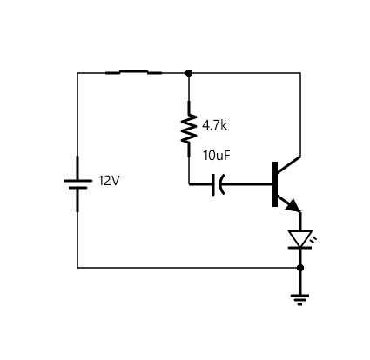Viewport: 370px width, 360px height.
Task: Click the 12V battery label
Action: [x=109, y=181]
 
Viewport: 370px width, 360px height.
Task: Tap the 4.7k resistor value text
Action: [x=214, y=125]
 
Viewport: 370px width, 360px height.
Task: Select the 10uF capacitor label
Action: [x=217, y=156]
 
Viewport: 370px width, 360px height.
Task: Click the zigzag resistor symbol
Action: [x=189, y=129]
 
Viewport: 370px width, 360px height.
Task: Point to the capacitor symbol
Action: [x=219, y=184]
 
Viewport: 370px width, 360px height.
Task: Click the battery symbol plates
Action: [x=77, y=184]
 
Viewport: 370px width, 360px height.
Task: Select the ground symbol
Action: [x=300, y=300]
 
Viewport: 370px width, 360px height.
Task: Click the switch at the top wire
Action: [x=133, y=72]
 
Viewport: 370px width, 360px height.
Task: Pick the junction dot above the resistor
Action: [x=189, y=73]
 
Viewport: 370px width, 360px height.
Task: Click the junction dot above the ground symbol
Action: [x=300, y=268]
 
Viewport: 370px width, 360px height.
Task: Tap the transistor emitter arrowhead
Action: [x=293, y=205]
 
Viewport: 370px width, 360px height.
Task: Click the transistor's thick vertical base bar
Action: [x=275, y=184]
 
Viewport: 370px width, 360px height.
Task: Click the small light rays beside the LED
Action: [x=313, y=239]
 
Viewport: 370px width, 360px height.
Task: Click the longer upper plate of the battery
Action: [x=77, y=181]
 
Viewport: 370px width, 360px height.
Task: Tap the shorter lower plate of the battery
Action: [x=77, y=188]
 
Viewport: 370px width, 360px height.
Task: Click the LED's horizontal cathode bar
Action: [x=300, y=248]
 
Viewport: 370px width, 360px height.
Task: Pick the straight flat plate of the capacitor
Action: [x=213, y=184]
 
